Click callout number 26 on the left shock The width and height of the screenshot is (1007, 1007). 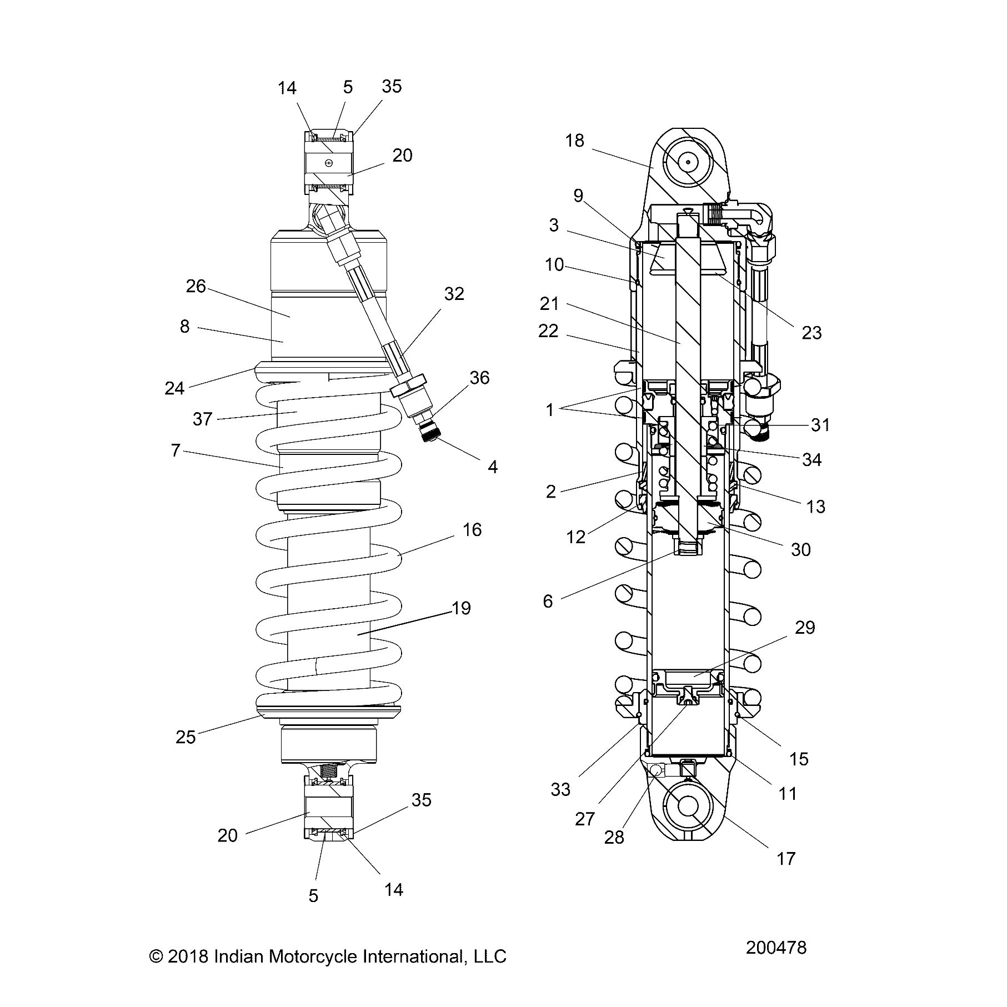pyautogui.click(x=196, y=287)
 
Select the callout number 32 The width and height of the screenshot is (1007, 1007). pyautogui.click(x=454, y=294)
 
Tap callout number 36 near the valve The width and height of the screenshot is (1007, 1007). pyautogui.click(x=479, y=378)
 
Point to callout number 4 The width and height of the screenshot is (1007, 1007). pyautogui.click(x=493, y=467)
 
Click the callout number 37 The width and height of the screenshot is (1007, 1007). pyautogui.click(x=202, y=419)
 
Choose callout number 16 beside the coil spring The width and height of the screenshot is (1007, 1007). pyautogui.click(x=472, y=530)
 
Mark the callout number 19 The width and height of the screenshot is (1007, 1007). pyautogui.click(x=461, y=608)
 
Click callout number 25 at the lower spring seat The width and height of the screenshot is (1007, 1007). pyautogui.click(x=186, y=737)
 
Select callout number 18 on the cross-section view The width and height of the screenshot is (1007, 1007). pyautogui.click(x=575, y=141)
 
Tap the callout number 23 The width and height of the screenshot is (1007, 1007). pyautogui.click(x=811, y=333)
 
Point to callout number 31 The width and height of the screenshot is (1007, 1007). pyautogui.click(x=820, y=425)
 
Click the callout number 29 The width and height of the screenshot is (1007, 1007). pyautogui.click(x=805, y=628)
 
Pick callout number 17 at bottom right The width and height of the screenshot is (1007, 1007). pyautogui.click(x=786, y=859)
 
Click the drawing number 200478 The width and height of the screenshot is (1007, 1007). pyautogui.click(x=776, y=947)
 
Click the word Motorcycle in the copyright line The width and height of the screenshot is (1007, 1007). pyautogui.click(x=314, y=956)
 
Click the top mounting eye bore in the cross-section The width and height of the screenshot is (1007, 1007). pyautogui.click(x=688, y=162)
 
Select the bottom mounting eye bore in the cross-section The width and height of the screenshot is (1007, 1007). pyautogui.click(x=688, y=805)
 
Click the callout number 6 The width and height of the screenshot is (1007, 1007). pyautogui.click(x=548, y=602)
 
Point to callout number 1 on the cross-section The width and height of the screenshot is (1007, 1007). pyautogui.click(x=550, y=410)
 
